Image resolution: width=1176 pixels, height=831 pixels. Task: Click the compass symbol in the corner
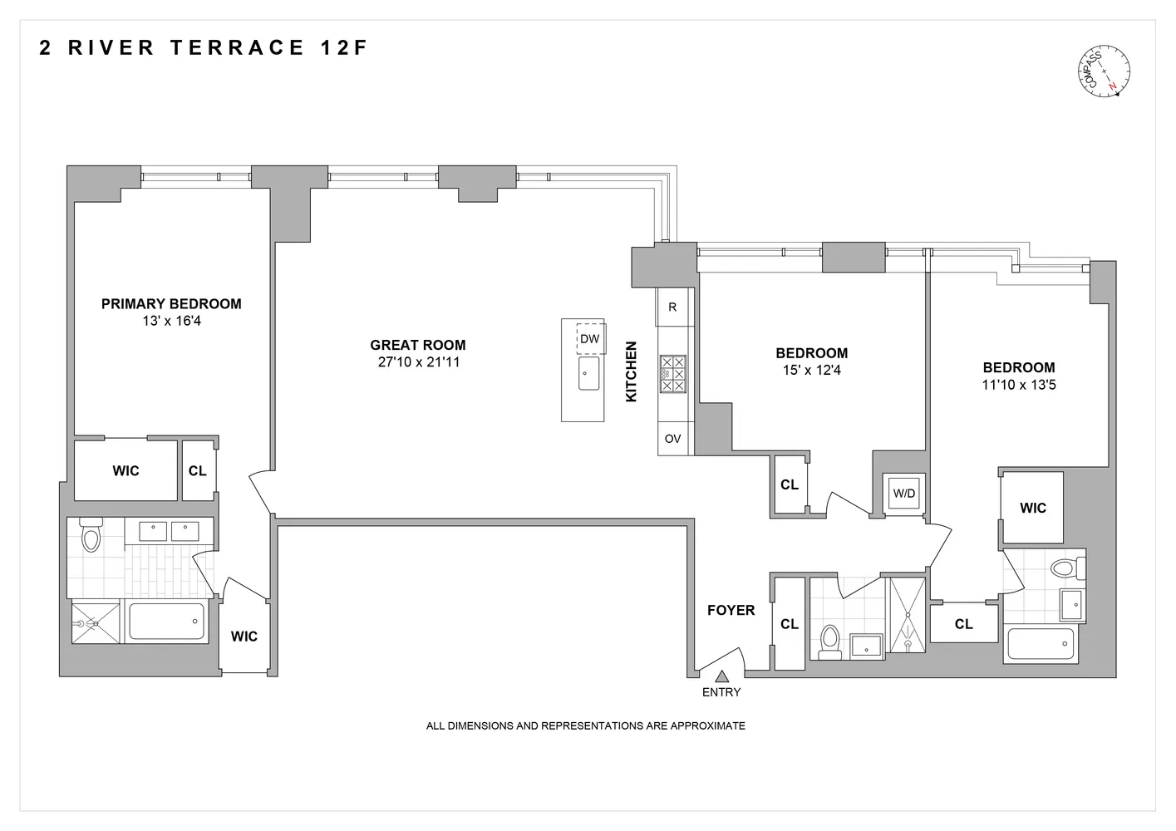tap(1104, 71)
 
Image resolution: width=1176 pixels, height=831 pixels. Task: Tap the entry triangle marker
tap(721, 676)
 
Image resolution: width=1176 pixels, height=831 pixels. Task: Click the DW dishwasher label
tap(589, 338)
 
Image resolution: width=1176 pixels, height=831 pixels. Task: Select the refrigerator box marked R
tap(672, 307)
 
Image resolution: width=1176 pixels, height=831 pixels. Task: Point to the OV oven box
tap(673, 438)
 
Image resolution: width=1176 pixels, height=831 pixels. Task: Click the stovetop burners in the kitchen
tap(673, 374)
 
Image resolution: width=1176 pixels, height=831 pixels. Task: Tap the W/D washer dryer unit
tap(904, 493)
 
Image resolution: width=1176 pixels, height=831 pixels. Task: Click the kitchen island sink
tap(588, 373)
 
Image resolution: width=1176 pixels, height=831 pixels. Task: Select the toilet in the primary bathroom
tap(91, 534)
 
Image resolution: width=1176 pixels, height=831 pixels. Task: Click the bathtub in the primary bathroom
tap(167, 621)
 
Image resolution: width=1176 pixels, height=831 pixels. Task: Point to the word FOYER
tap(731, 610)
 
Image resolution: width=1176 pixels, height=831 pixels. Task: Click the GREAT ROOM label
tap(418, 345)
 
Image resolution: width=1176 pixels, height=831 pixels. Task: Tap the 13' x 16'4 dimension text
tap(172, 321)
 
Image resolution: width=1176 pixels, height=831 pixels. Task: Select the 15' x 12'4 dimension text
tap(812, 370)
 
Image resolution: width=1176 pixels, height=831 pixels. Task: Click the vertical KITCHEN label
tap(631, 371)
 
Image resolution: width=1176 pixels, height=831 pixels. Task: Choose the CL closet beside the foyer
tap(789, 623)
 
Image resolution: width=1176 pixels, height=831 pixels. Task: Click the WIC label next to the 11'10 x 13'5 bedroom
tap(1033, 508)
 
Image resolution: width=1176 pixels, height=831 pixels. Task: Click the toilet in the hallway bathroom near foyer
tap(830, 642)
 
